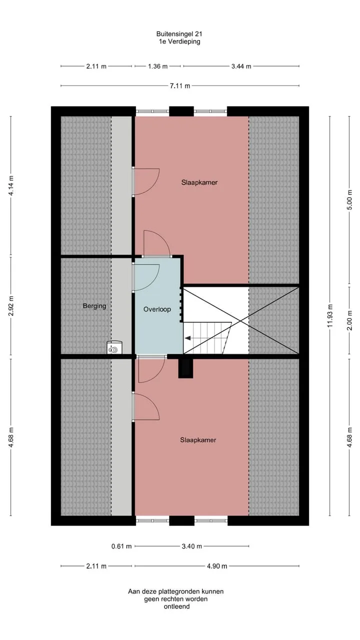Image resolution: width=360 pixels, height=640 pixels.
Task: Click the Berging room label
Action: (94, 306)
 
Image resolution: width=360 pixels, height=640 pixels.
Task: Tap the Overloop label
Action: (157, 309)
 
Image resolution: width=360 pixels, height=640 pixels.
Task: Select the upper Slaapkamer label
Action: (199, 182)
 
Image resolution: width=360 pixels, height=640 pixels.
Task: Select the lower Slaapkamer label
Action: (198, 440)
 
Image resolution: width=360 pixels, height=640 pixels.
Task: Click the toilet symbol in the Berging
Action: (114, 347)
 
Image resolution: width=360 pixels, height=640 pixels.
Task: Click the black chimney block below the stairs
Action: (185, 368)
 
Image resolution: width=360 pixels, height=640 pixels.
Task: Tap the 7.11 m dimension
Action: (180, 85)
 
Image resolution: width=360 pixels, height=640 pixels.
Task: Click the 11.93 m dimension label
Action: (330, 316)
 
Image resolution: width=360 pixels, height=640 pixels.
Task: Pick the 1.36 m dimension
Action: (157, 66)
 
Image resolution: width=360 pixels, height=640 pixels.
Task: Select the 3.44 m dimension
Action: (241, 66)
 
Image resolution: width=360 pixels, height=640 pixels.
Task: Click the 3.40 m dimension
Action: (191, 546)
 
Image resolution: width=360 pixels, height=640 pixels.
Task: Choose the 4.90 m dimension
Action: (217, 566)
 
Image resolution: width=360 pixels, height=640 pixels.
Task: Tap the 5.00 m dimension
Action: (349, 199)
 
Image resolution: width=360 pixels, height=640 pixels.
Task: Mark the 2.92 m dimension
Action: (11, 306)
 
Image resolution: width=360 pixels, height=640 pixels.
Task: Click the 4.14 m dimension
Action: (11, 185)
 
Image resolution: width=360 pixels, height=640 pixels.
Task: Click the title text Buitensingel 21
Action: (179, 34)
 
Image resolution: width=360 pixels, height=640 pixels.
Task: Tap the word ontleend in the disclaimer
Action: (176, 606)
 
